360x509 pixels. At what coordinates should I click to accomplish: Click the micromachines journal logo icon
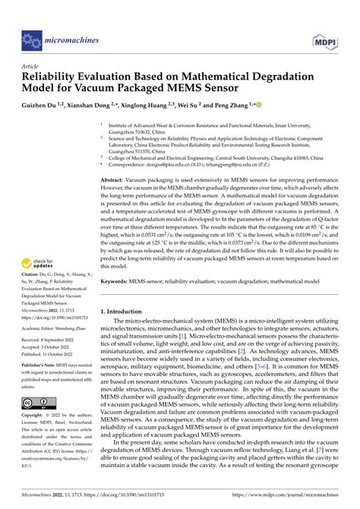(31, 37)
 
